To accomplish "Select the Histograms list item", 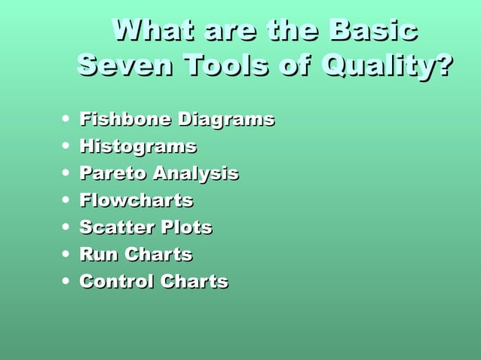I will [138, 146].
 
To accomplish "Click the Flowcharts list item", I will [136, 200].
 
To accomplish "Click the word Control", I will [115, 282].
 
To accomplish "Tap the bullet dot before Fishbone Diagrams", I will [68, 119].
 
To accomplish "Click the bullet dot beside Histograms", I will [68, 146].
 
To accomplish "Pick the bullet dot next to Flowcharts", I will [68, 200].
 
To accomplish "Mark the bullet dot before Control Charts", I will [68, 282].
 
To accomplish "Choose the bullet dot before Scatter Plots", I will [68, 227].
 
